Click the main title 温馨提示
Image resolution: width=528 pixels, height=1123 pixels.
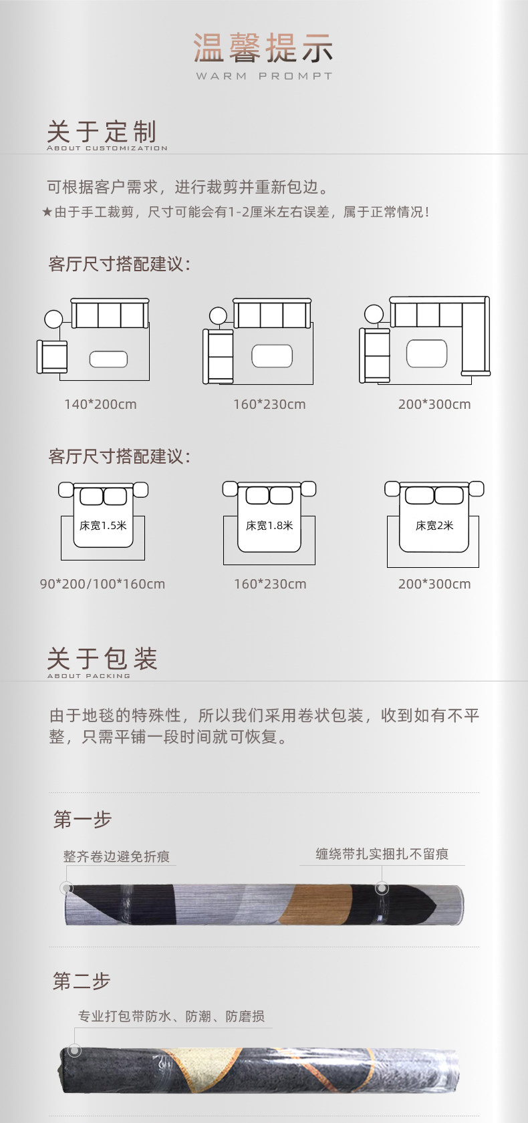pos(263,48)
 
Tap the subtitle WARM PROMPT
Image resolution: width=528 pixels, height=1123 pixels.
pos(263,76)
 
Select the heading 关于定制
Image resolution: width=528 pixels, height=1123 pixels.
pos(102,132)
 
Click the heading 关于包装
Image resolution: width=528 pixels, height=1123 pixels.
pos(102,659)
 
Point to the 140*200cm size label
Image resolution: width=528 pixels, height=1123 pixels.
pos(100,404)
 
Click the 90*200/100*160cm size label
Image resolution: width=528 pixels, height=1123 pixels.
pos(102,584)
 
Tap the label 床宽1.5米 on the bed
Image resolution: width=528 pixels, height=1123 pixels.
pos(103,526)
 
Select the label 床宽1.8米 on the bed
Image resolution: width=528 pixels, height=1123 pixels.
pos(269,526)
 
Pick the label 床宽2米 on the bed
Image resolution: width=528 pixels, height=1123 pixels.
pos(434,526)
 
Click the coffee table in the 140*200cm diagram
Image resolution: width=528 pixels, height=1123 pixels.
pos(108,359)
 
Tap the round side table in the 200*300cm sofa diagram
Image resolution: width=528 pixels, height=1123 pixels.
pos(374,315)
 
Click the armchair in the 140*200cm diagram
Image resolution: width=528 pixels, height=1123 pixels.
pos(52,356)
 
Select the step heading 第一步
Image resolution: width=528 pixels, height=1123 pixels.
pos(82,819)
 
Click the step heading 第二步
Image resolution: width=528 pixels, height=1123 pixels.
pos(82,981)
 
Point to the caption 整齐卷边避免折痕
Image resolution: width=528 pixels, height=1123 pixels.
pos(116,856)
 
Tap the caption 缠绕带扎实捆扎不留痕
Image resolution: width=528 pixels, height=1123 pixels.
pos(382,854)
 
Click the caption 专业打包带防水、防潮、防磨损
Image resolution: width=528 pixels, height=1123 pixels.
pos(171,1016)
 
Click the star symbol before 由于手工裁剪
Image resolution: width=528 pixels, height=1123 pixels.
pos(47,212)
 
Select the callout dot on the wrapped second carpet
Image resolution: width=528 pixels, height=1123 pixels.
pos(75,1051)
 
